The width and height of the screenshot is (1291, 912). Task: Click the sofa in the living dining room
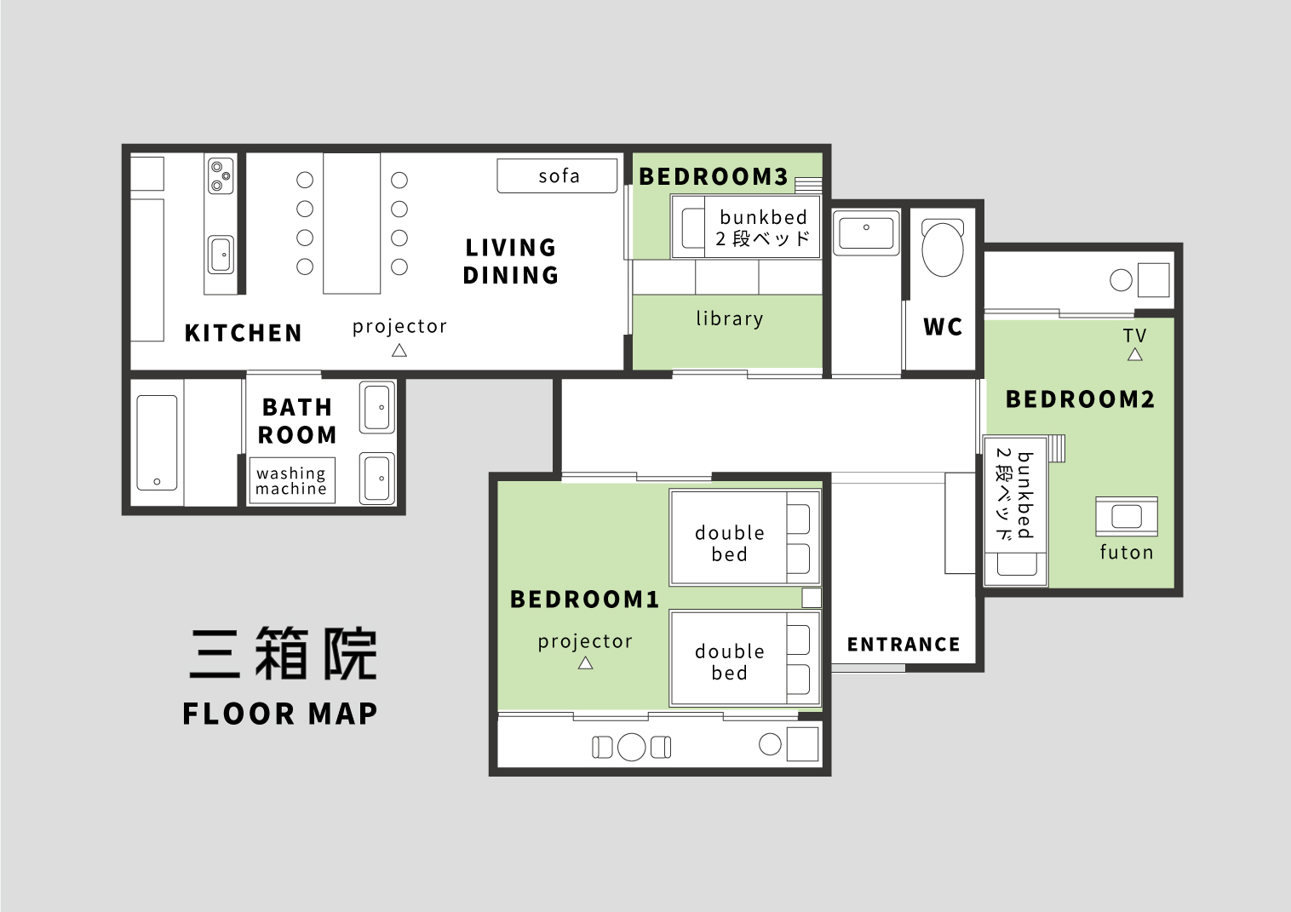point(557,175)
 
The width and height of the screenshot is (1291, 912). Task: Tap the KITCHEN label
point(244,333)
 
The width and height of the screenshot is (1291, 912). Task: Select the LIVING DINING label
point(511,261)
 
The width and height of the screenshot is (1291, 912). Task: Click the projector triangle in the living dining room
point(399,350)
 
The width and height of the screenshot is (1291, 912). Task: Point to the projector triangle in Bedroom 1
point(586,663)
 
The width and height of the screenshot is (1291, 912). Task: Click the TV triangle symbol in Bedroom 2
point(1135,354)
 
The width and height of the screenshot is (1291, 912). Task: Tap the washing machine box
point(292,480)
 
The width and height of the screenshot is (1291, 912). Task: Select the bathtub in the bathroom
point(157,443)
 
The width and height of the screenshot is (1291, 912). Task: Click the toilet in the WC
point(943,247)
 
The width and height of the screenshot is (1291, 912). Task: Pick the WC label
point(943,327)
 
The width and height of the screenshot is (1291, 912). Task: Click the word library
point(730,318)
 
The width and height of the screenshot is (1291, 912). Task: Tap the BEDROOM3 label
point(714,176)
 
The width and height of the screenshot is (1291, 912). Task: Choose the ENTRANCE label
point(904,644)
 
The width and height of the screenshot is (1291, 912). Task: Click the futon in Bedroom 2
point(1127,517)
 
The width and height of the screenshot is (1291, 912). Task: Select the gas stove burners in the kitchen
point(221,175)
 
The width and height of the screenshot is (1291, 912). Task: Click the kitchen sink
point(221,255)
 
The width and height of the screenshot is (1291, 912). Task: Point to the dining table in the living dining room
point(352,223)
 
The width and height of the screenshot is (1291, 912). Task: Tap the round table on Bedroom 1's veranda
point(632,747)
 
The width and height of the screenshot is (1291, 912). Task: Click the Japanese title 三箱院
point(283,654)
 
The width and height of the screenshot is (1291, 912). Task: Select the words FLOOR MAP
point(280,714)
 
